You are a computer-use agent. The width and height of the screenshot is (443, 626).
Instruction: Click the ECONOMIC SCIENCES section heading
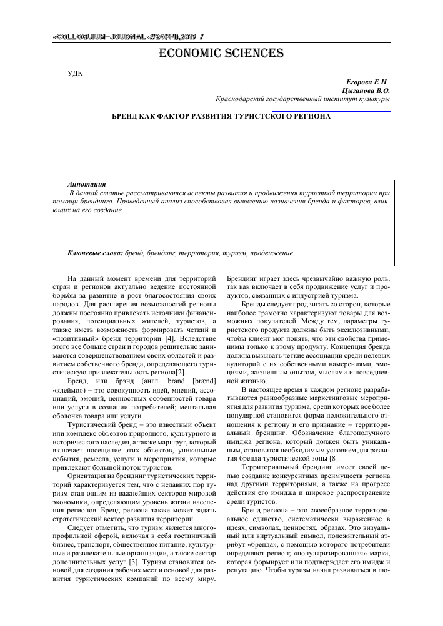coord(221,53)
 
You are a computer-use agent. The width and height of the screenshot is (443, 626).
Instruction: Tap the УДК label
coord(74,74)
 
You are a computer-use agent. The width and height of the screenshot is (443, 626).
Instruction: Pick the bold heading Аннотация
coord(86,185)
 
